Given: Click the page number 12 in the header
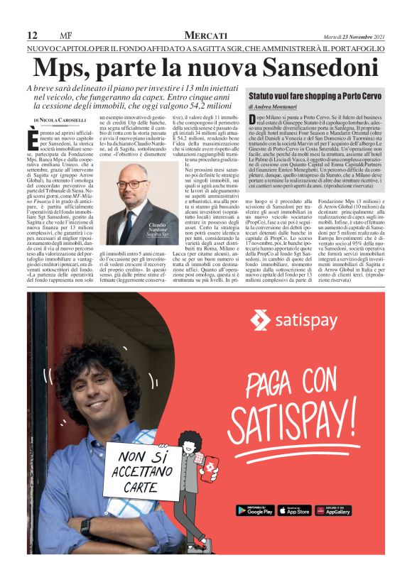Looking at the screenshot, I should [32, 35].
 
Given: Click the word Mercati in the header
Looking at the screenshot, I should [206, 35].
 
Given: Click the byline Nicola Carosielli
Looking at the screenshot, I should [66, 121].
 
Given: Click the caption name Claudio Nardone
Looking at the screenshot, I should [158, 228].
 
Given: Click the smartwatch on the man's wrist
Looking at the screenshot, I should [85, 527].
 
